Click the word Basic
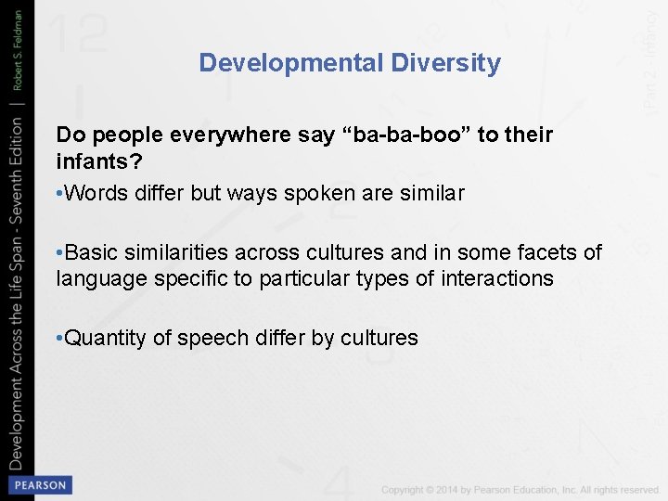click(x=93, y=252)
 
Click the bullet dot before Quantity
click(x=60, y=338)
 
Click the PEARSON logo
click(x=38, y=485)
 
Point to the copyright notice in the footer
click(x=520, y=489)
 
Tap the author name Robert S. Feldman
click(x=17, y=46)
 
